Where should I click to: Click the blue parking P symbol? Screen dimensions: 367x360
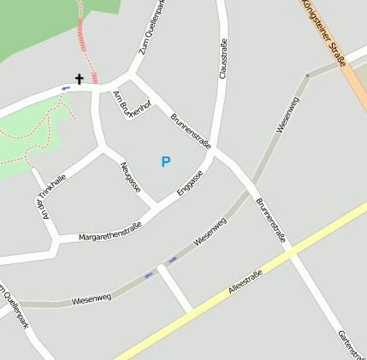coord(166,161)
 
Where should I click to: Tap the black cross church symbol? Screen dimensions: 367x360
coord(80,80)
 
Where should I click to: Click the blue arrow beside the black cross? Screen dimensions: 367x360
coord(65,87)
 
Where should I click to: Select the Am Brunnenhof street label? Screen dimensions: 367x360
coord(132,103)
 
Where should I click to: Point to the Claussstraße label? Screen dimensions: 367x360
coord(223,59)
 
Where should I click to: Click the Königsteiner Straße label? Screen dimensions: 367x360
coord(323,32)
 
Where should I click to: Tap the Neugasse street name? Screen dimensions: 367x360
coord(130,177)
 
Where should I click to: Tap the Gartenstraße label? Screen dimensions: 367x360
coord(351,343)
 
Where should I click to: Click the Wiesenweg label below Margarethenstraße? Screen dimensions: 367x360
coord(92,298)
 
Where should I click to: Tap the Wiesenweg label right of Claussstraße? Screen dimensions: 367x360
coord(287,115)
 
